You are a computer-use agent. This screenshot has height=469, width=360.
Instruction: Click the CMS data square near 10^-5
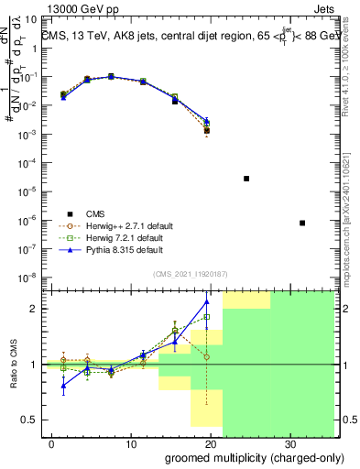coord(246,179)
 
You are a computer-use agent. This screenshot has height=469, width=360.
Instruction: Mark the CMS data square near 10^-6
coord(302,223)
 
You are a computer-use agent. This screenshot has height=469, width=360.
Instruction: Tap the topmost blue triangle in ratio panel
coord(207,301)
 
